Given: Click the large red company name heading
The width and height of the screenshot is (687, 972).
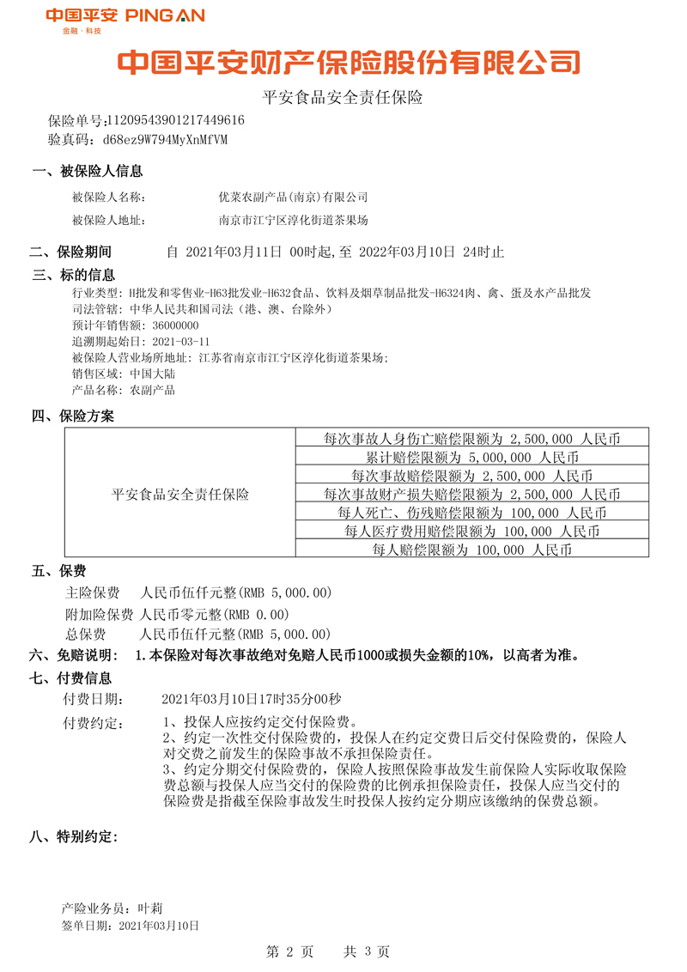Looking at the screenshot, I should pos(348,63).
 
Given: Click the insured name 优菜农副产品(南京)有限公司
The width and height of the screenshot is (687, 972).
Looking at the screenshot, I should pos(294,197).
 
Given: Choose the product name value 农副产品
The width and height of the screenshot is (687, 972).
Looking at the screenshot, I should pos(152,391).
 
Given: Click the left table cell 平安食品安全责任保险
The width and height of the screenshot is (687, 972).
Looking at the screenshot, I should pos(180,495).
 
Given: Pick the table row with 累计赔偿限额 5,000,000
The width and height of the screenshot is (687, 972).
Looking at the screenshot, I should pos(472,457).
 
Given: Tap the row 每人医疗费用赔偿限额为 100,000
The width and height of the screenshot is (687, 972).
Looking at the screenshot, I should pos(472,532).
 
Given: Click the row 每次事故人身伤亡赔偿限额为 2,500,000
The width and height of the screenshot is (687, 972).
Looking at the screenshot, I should pos(472,438).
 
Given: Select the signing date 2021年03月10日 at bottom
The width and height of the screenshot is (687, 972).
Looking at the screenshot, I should pos(159,926).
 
